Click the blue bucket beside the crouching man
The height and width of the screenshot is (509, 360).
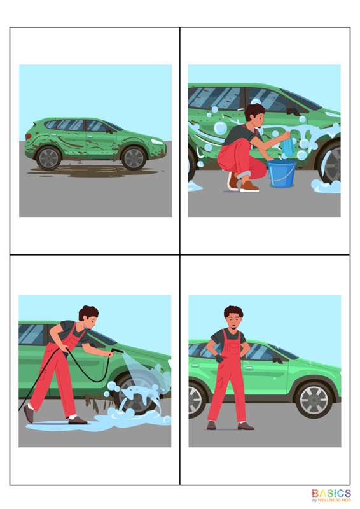point(281,174)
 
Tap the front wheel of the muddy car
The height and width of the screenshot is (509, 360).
point(134,158)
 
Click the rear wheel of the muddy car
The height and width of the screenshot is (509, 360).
point(49,158)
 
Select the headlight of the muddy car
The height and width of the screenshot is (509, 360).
point(157,142)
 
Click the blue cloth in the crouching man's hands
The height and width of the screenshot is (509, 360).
point(289,142)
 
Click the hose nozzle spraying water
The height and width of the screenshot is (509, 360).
point(117,351)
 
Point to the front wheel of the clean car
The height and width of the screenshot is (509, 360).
point(314,400)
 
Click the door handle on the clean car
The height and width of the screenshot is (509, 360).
point(249,368)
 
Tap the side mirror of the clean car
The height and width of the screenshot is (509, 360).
point(278,359)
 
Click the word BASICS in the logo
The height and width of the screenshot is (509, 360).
point(331,494)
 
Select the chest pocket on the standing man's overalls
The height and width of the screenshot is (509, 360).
point(232,349)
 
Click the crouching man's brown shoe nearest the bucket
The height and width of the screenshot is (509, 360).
point(249,186)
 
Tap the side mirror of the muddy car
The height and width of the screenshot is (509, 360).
point(109,130)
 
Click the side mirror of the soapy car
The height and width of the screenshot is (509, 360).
point(294,111)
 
